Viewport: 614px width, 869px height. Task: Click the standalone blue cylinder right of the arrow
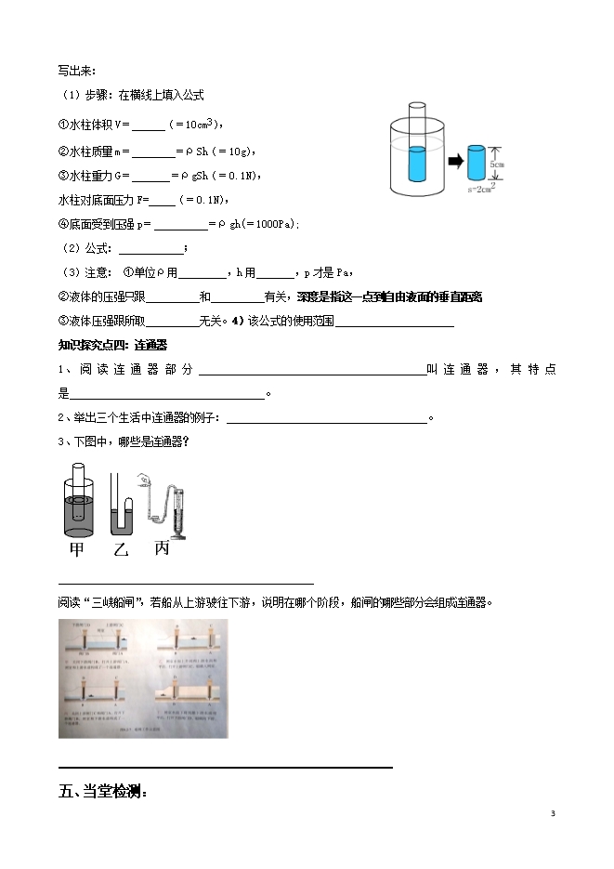(x=477, y=164)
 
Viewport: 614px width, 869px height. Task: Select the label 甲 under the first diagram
(x=77, y=549)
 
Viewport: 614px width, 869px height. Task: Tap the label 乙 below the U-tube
(x=120, y=549)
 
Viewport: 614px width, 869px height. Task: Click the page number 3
(x=552, y=814)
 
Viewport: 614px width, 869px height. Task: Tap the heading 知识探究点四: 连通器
(x=112, y=346)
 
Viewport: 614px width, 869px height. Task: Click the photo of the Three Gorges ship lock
(x=144, y=678)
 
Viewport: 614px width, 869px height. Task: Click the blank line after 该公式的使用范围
(x=394, y=323)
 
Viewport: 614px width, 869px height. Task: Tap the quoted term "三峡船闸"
(x=111, y=601)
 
